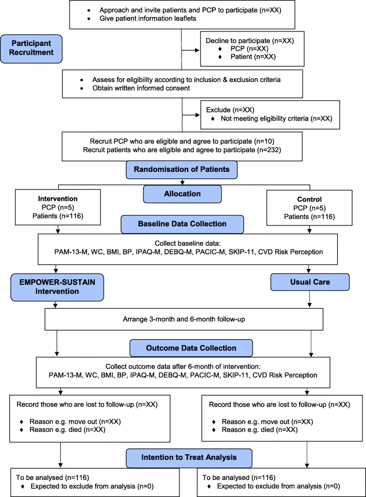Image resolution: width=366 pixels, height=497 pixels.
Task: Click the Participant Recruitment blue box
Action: click(x=31, y=49)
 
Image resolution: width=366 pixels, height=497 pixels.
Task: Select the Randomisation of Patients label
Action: click(x=181, y=170)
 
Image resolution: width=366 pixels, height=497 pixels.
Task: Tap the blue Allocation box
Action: click(x=182, y=194)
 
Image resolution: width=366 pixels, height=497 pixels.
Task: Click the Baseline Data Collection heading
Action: click(x=182, y=224)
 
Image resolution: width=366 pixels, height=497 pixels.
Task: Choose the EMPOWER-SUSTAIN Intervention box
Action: click(x=57, y=287)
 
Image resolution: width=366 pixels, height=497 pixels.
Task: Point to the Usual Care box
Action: click(x=310, y=282)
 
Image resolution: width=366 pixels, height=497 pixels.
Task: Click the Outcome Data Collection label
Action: click(x=191, y=348)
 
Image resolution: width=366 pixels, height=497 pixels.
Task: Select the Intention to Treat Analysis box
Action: click(x=189, y=458)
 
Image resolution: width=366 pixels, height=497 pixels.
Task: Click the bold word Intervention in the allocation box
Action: click(x=58, y=199)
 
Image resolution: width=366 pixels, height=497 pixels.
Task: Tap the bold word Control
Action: click(x=309, y=199)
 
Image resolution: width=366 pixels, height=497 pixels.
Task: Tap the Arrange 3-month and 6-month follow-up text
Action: click(x=184, y=319)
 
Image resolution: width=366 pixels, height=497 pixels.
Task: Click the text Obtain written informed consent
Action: click(x=141, y=88)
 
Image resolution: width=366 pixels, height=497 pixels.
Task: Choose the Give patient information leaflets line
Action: click(x=148, y=19)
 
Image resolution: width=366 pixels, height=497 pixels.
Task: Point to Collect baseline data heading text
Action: click(x=188, y=244)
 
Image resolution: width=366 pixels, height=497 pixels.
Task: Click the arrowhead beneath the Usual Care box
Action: click(x=310, y=305)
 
